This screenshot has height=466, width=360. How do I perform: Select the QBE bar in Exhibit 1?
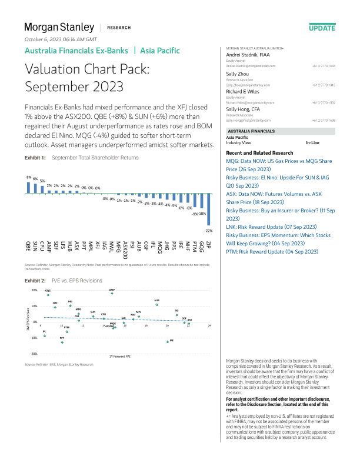tap(28, 187)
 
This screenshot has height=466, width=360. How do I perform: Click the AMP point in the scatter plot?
tap(112, 294)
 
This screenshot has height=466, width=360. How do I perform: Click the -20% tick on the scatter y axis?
tap(34, 354)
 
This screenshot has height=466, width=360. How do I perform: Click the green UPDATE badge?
tap(322, 28)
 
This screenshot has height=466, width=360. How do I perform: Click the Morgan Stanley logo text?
tap(59, 28)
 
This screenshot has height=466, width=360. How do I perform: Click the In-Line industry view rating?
tap(313, 143)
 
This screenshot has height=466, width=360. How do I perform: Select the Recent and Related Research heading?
tap(260, 152)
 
